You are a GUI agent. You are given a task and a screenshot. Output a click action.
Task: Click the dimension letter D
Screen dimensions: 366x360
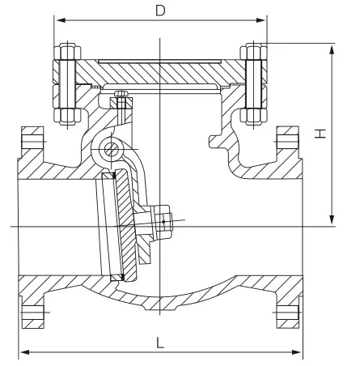coord(160,11)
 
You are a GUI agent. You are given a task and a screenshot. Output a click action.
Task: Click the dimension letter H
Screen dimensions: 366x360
coord(321,134)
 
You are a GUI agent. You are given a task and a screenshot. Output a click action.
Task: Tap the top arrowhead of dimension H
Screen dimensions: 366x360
coord(332,47)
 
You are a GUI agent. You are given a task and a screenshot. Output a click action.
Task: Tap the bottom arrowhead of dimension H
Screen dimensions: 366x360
coord(332,222)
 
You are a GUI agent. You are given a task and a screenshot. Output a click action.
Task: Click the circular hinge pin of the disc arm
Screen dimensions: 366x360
coord(108,150)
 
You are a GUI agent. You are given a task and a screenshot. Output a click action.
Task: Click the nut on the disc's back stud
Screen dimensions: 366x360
coord(163,219)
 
